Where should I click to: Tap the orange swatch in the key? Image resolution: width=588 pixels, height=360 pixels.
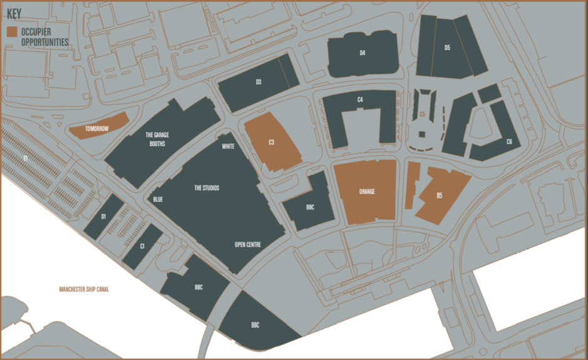tap(12, 31)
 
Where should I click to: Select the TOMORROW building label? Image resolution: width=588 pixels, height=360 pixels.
tap(97, 129)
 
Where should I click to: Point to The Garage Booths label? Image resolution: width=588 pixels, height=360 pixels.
tap(157, 138)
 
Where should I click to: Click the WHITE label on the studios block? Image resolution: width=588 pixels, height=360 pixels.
tap(228, 147)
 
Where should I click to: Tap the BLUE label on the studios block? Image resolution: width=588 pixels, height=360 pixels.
tap(158, 199)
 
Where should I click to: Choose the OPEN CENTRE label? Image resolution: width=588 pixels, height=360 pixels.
tap(247, 244)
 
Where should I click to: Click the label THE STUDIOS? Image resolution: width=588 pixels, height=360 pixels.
tap(207, 188)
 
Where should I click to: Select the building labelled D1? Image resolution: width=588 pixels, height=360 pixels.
tap(104, 217)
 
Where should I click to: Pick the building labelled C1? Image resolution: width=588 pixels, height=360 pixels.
tap(142, 246)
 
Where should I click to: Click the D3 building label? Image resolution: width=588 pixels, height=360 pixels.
tap(258, 82)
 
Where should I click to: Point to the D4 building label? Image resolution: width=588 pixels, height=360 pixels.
tap(363, 53)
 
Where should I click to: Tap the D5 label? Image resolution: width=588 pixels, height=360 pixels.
tap(447, 48)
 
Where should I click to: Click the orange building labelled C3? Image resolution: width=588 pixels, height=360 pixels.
tap(271, 142)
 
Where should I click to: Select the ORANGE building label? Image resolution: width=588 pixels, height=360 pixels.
tap(367, 192)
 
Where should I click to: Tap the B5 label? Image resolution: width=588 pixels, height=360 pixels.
tap(440, 196)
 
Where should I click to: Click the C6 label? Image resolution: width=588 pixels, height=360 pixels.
tap(509, 142)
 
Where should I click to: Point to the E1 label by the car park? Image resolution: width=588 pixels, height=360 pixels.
tap(26, 159)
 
